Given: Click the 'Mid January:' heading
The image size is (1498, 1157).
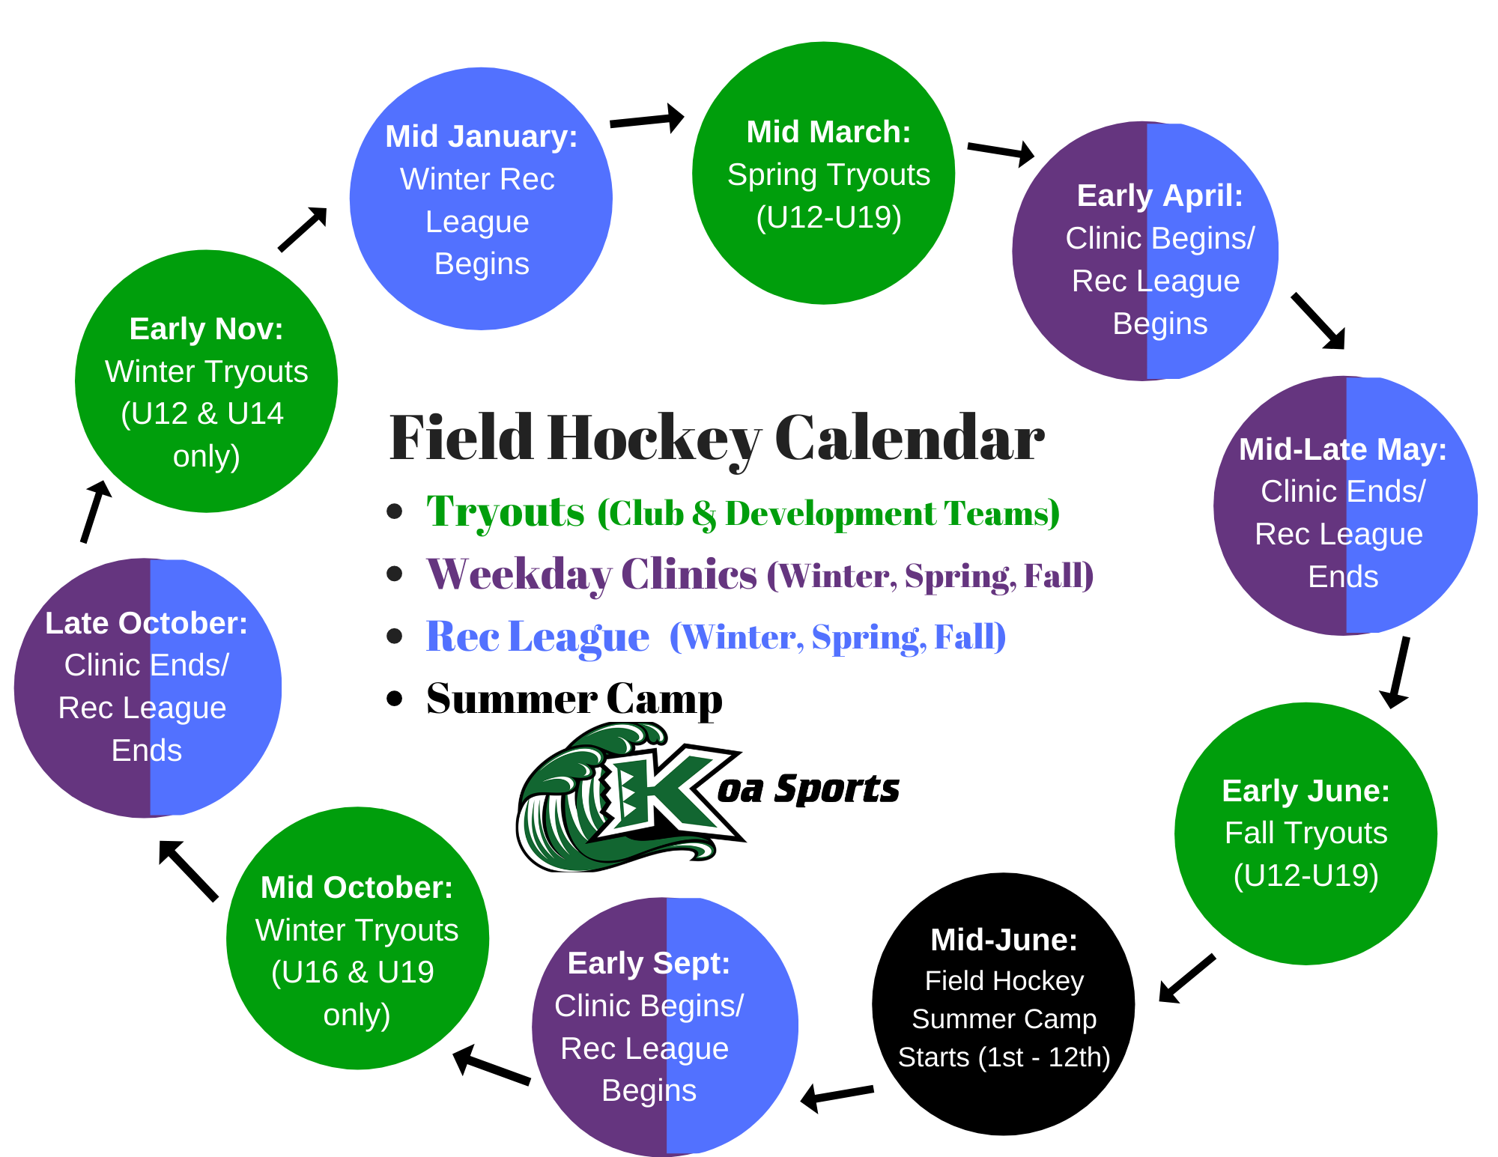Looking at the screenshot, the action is (x=482, y=137).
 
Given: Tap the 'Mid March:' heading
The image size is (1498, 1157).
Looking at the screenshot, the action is (x=829, y=132).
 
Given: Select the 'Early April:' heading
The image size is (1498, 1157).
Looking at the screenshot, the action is (x=1160, y=195).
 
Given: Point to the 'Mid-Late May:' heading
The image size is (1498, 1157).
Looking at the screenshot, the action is (x=1343, y=449).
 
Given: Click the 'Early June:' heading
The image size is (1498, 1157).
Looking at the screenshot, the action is (x=1306, y=791).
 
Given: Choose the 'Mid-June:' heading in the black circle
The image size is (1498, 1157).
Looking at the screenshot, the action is (x=1004, y=940).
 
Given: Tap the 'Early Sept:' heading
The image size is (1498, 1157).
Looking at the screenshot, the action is (x=649, y=964).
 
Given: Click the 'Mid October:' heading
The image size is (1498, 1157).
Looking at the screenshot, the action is (x=357, y=887).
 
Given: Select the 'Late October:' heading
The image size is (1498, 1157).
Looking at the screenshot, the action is (x=147, y=623).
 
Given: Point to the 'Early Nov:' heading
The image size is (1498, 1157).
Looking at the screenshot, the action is (x=207, y=329).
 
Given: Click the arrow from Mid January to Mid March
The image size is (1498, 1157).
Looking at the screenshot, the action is (x=647, y=120).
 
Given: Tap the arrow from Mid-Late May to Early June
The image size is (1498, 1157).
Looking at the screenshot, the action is (x=1398, y=672).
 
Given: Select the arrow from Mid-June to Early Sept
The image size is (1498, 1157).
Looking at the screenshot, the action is (x=837, y=1096).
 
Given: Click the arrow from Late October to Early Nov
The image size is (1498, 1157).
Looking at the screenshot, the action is (x=95, y=511).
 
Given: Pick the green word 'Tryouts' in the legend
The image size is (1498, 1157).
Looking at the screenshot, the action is (x=506, y=512).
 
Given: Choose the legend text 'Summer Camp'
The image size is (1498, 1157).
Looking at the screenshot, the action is (x=574, y=699).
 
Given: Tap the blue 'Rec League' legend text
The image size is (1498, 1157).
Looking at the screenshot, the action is (x=538, y=637).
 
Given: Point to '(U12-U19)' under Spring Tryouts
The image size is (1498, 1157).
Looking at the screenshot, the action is (x=829, y=217).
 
